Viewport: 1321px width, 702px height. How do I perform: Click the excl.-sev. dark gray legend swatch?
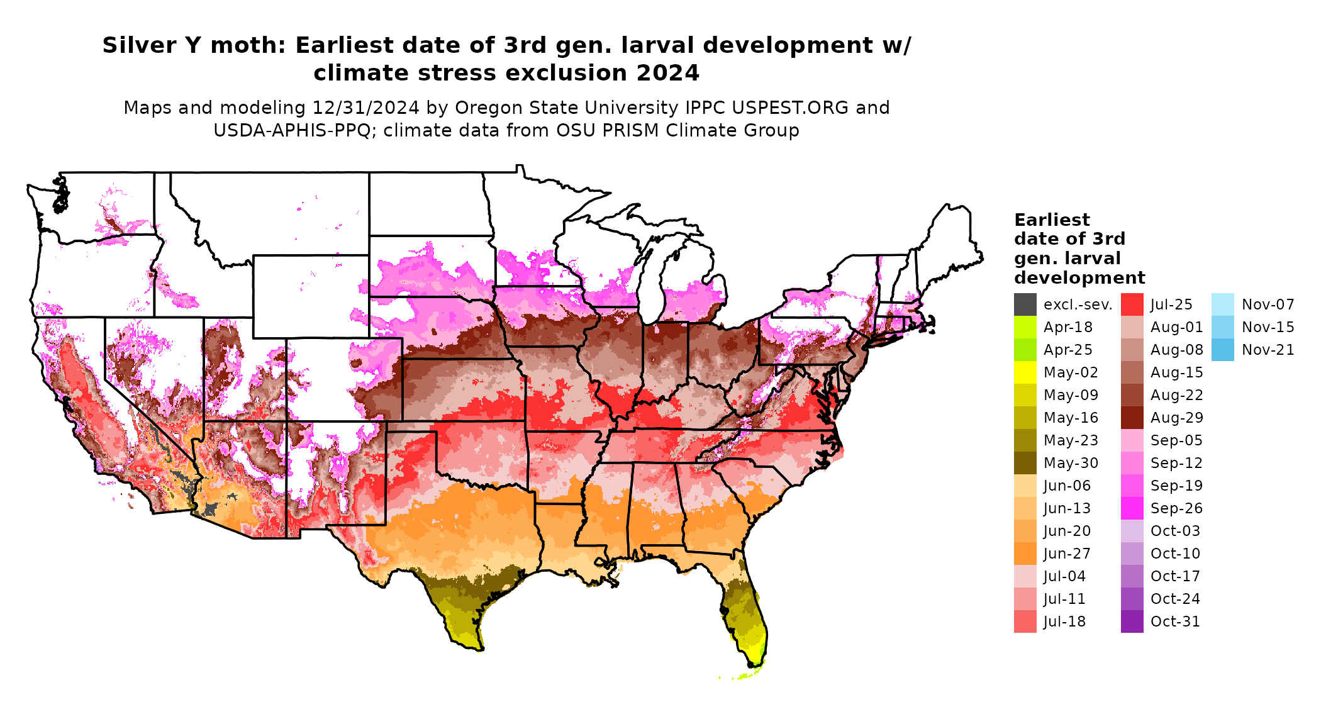1025,304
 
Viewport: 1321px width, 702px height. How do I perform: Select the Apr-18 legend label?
1067,327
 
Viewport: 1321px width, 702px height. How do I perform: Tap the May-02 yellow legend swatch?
1025,372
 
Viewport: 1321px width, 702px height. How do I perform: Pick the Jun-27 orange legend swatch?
1025,554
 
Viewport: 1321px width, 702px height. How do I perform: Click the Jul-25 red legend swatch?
1132,304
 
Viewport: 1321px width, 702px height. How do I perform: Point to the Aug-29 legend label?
1176,418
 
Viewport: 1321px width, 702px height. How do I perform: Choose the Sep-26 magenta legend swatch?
1132,508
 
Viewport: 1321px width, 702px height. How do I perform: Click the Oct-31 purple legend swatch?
1132,621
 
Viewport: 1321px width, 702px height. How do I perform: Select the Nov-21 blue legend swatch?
1222,350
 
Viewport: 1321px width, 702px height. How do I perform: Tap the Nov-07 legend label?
1268,304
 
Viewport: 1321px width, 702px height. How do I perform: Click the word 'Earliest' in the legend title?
1052,220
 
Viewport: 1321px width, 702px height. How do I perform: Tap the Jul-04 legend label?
1064,576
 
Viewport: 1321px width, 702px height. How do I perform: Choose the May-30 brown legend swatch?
1025,463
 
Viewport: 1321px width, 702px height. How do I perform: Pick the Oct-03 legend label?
1175,531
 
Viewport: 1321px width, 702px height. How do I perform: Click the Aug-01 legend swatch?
1132,327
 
